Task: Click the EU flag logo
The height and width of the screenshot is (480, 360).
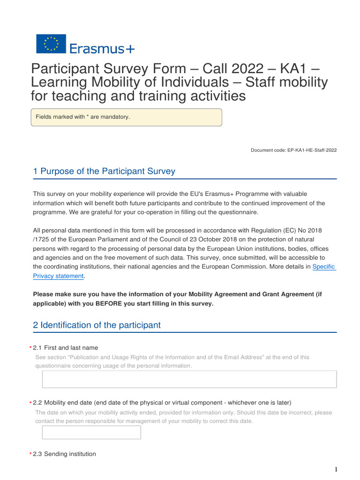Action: click(51, 44)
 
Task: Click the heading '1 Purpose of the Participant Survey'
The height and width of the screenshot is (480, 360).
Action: click(104, 171)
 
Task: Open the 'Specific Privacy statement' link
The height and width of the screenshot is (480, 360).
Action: click(324, 266)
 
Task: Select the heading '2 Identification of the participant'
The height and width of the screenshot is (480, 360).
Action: click(97, 325)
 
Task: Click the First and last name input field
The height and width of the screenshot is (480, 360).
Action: click(189, 379)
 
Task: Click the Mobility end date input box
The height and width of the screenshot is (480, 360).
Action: click(91, 432)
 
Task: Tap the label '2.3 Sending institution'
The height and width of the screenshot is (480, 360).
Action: click(64, 454)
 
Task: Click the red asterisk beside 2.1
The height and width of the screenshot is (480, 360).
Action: click(30, 348)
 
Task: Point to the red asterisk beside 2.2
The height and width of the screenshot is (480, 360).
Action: click(30, 403)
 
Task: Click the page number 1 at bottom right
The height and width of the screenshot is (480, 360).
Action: click(336, 470)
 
